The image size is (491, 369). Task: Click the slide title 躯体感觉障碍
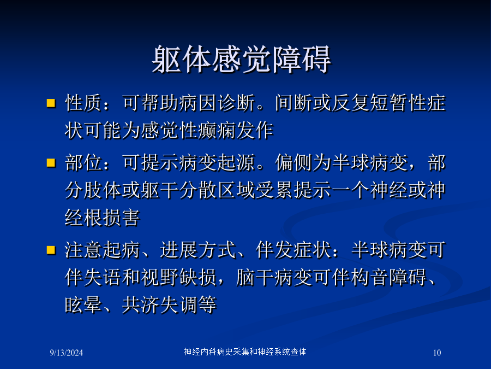click(241, 59)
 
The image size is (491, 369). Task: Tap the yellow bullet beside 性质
click(51, 103)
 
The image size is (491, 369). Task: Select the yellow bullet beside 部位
click(51, 163)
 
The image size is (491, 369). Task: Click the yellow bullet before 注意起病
click(51, 250)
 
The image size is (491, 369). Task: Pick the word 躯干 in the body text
click(159, 190)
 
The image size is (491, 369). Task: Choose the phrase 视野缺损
click(178, 277)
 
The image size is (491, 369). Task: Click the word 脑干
click(255, 277)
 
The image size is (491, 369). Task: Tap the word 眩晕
click(83, 304)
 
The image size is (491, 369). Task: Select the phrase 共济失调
click(160, 304)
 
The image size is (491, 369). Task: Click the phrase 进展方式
click(197, 250)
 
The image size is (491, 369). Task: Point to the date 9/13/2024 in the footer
click(67, 353)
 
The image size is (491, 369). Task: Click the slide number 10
click(437, 353)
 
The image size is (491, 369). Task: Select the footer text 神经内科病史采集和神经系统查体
click(245, 352)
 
